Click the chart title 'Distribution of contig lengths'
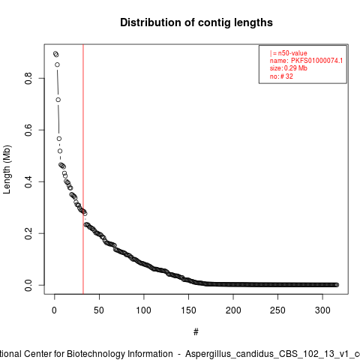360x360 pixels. point(196,22)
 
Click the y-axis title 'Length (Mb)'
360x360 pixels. point(7,169)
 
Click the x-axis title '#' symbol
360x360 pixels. point(196,332)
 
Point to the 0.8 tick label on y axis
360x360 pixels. point(28,78)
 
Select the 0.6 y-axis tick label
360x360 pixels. point(28,130)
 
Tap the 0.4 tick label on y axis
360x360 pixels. point(28,181)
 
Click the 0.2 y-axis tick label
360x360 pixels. point(28,233)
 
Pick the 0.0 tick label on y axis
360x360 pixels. point(28,285)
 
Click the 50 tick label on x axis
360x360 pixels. point(99,310)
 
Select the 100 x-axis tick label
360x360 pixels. point(144,310)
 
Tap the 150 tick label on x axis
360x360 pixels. point(188,310)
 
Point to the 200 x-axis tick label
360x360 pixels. point(233,310)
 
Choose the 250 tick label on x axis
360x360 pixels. point(277,310)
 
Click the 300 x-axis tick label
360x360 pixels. point(322,310)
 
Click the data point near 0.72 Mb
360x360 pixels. point(58,100)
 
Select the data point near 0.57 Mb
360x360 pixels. point(59,139)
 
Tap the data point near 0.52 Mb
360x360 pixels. point(60,151)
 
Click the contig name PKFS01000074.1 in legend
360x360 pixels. point(316,61)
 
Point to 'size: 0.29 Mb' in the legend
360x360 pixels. point(289,68)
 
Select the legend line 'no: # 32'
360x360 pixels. point(281,76)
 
